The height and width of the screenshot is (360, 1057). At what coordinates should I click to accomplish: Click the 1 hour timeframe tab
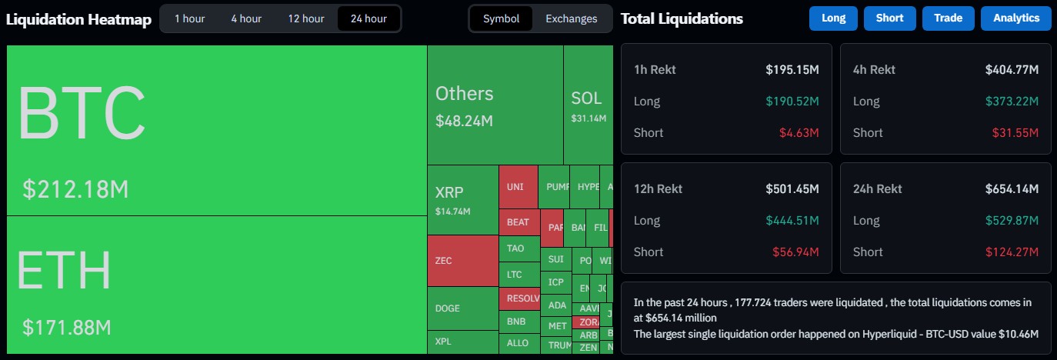(188, 18)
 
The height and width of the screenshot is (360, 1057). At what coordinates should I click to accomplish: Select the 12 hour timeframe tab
(306, 18)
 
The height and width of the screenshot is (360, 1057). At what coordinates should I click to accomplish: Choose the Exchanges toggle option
(571, 18)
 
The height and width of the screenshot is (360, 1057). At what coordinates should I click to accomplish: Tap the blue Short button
(889, 18)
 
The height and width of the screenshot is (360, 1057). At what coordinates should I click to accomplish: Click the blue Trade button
(948, 18)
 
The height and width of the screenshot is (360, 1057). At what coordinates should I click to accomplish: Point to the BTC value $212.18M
(75, 189)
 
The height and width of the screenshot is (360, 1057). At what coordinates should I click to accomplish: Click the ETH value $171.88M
(67, 328)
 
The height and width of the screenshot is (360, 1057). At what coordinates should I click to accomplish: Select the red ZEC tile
(462, 261)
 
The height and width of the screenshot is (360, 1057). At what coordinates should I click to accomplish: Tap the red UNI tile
(517, 187)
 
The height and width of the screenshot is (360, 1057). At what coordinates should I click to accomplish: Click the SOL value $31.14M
(589, 118)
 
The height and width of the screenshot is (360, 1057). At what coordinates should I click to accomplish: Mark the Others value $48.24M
(464, 121)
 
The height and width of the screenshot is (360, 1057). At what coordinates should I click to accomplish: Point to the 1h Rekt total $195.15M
(792, 70)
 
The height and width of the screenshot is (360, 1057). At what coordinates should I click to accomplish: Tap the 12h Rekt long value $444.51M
(792, 221)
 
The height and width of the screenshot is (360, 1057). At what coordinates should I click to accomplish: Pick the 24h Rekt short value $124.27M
(1012, 252)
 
